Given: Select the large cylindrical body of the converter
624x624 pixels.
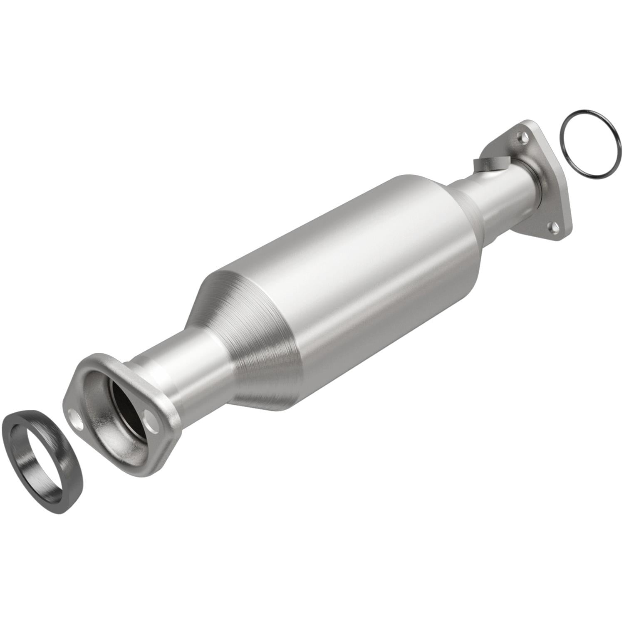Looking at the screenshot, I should tap(354, 291).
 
